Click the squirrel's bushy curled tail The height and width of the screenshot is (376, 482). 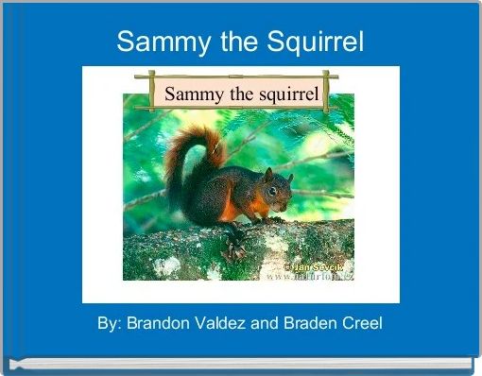coord(192,156)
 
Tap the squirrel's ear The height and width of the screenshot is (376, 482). coord(268,174)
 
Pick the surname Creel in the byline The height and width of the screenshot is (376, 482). coord(362,323)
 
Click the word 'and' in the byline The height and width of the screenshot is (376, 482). coord(265,323)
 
